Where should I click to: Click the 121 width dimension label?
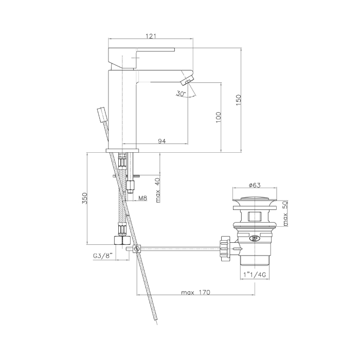pos(151,36)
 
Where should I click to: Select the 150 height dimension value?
pos(238,100)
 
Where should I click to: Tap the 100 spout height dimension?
pos(218,117)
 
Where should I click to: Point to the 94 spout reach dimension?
pos(162,141)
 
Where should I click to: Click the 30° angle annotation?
pos(181,94)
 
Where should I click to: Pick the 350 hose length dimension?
pos(85,198)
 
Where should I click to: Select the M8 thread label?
pos(142,198)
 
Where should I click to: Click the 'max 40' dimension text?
pos(158,190)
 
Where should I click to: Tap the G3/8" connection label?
pos(103,255)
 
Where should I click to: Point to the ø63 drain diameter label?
pos(255,185)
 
